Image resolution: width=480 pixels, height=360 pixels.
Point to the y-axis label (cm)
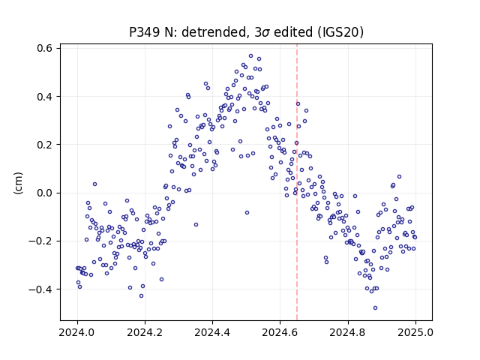click(x=18, y=182)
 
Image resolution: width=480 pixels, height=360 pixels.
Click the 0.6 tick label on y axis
click(x=45, y=48)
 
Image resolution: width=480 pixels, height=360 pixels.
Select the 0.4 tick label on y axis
click(x=45, y=97)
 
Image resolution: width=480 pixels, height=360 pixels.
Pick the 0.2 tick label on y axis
click(x=45, y=145)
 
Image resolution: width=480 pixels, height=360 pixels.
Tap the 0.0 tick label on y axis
click(x=45, y=193)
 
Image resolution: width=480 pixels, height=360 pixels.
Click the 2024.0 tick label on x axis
click(x=77, y=332)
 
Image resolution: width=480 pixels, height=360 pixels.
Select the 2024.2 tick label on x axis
click(x=145, y=332)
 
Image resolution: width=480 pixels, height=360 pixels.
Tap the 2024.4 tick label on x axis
click(x=212, y=332)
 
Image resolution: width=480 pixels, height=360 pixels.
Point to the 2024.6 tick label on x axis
click(x=280, y=332)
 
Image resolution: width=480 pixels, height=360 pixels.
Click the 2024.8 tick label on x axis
click(x=348, y=332)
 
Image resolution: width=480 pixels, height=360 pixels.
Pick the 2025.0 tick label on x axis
click(x=415, y=332)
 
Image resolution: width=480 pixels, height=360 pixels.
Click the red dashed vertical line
click(x=297, y=182)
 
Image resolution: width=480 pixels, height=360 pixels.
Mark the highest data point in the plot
click(x=250, y=56)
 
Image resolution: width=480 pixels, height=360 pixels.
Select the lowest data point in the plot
click(x=375, y=308)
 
